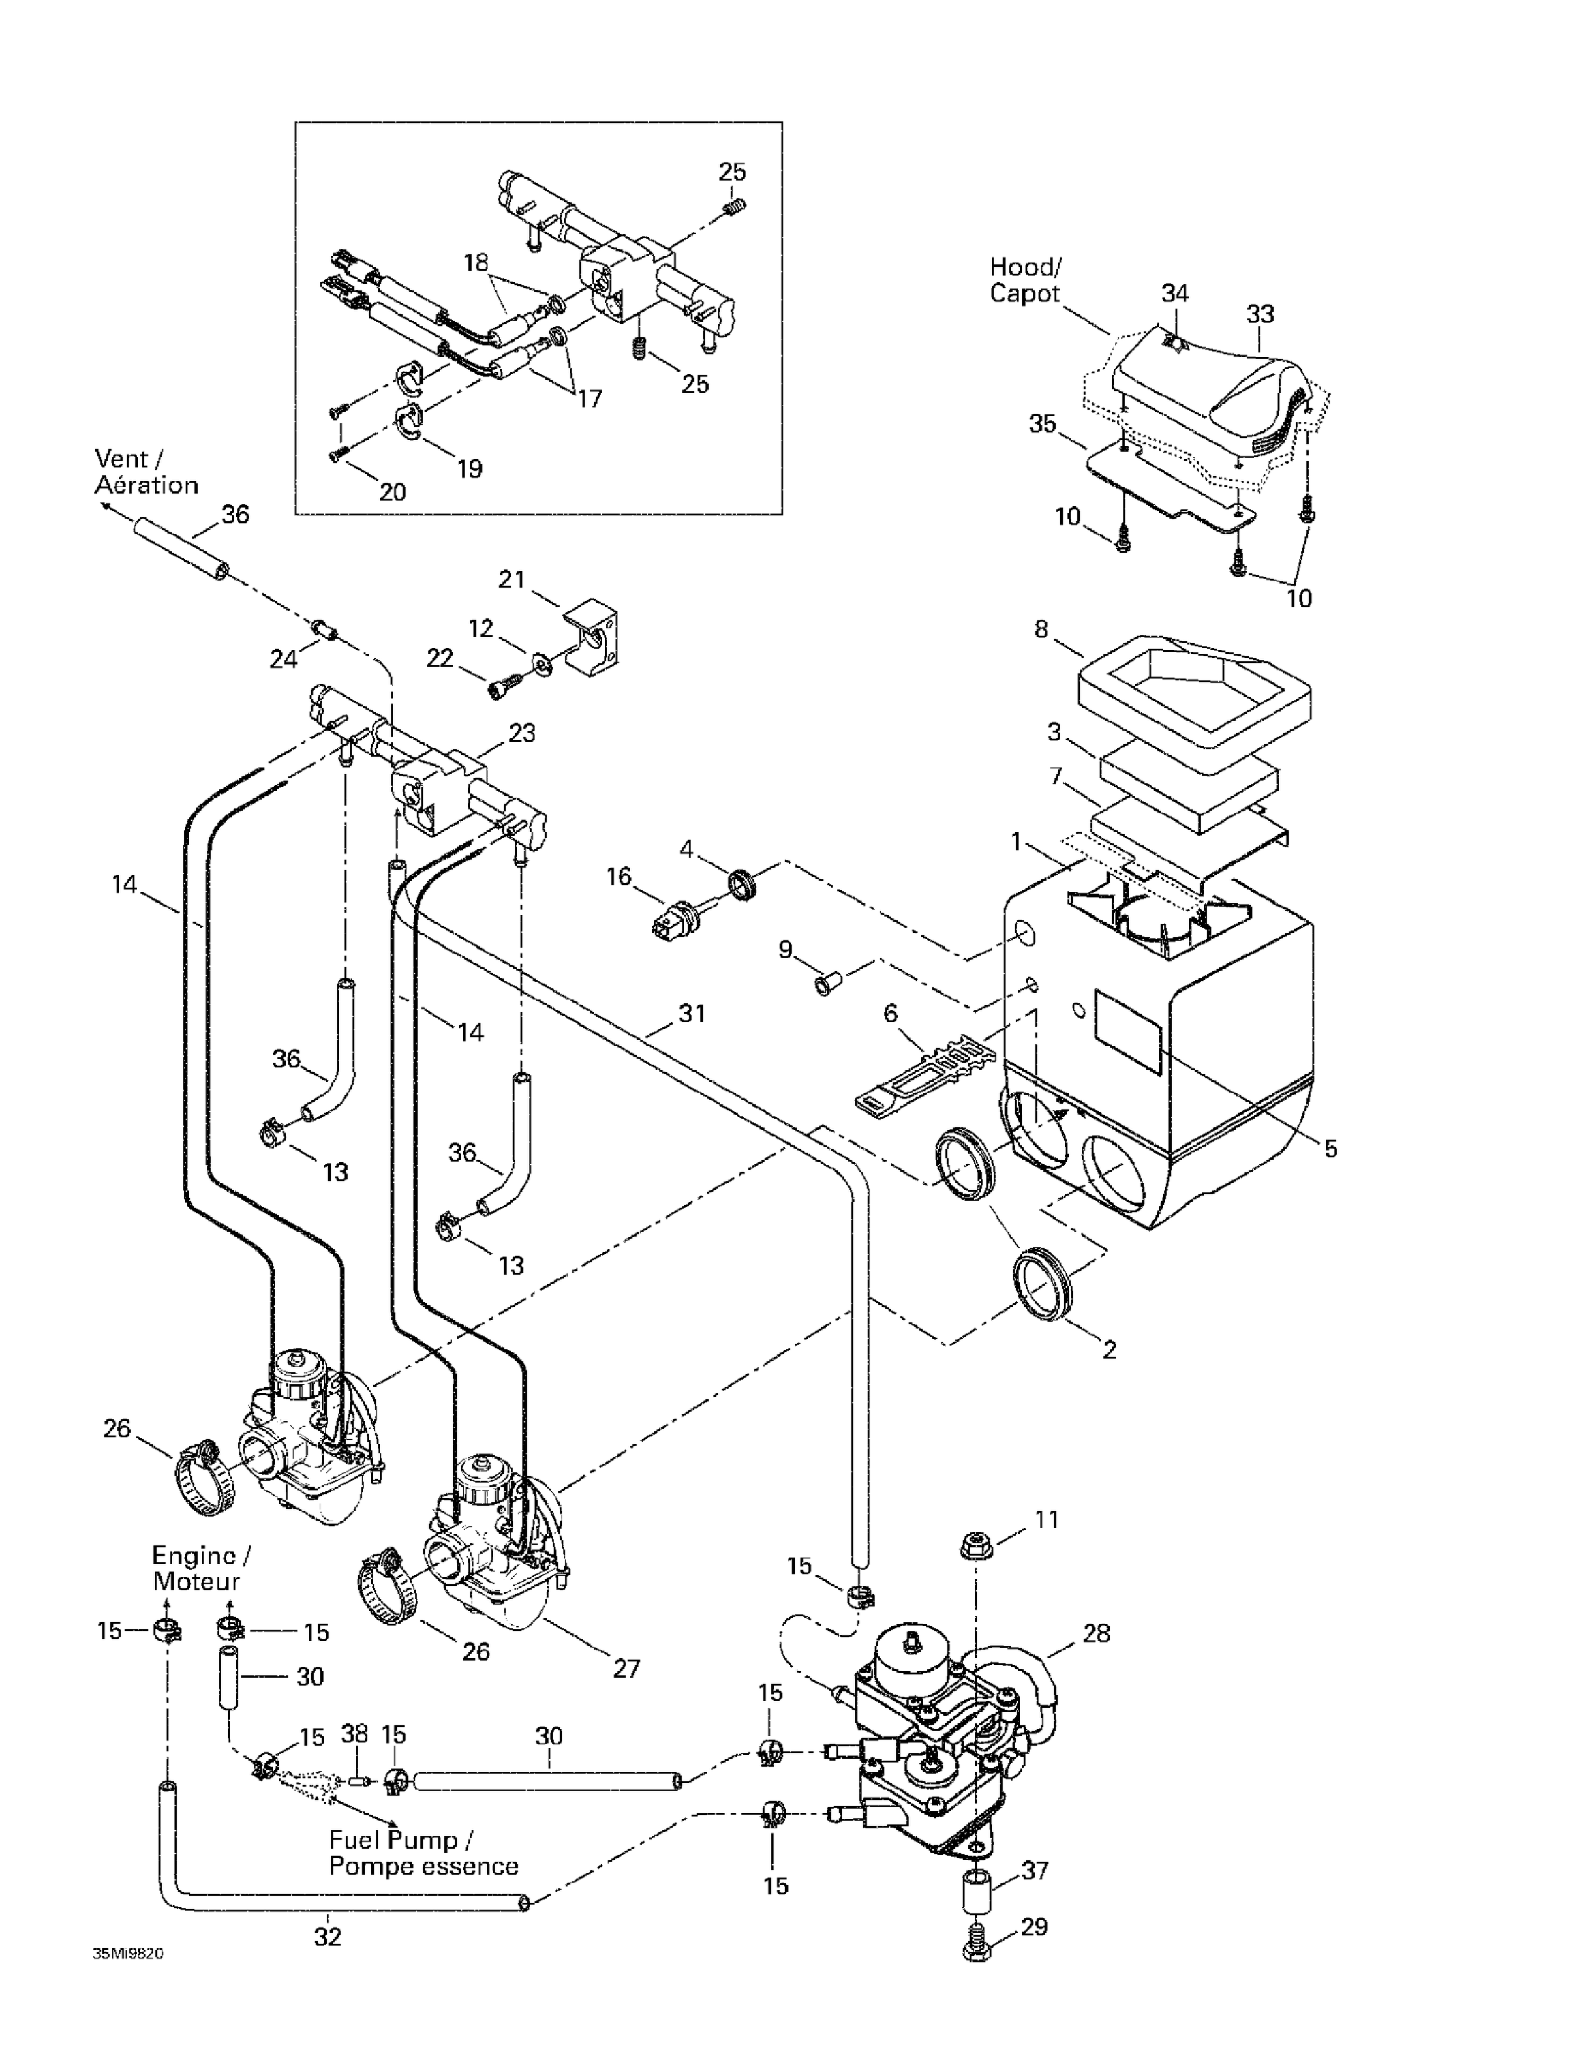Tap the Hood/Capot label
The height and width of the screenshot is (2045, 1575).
[1025, 280]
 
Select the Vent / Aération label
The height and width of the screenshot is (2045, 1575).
[146, 471]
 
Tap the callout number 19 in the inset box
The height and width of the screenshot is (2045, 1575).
[468, 469]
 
